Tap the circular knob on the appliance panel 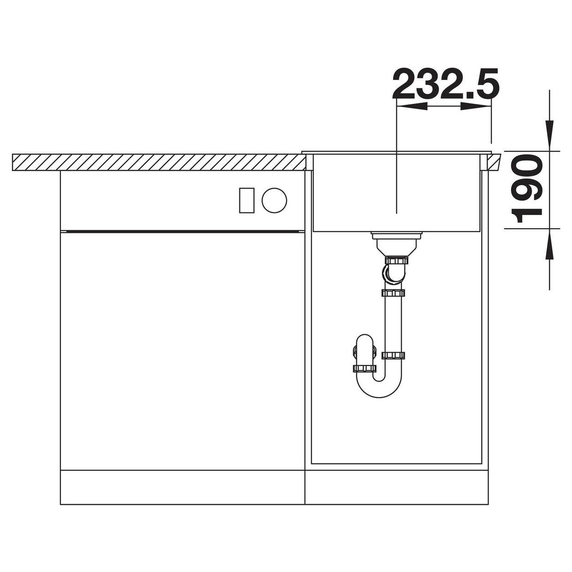pyautogui.click(x=274, y=200)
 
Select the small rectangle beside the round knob pyautogui.click(x=247, y=200)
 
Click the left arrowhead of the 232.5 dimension pyautogui.click(x=412, y=106)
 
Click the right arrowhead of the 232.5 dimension pyautogui.click(x=476, y=106)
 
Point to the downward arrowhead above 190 pyautogui.click(x=549, y=136)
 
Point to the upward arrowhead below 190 pyautogui.click(x=549, y=244)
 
